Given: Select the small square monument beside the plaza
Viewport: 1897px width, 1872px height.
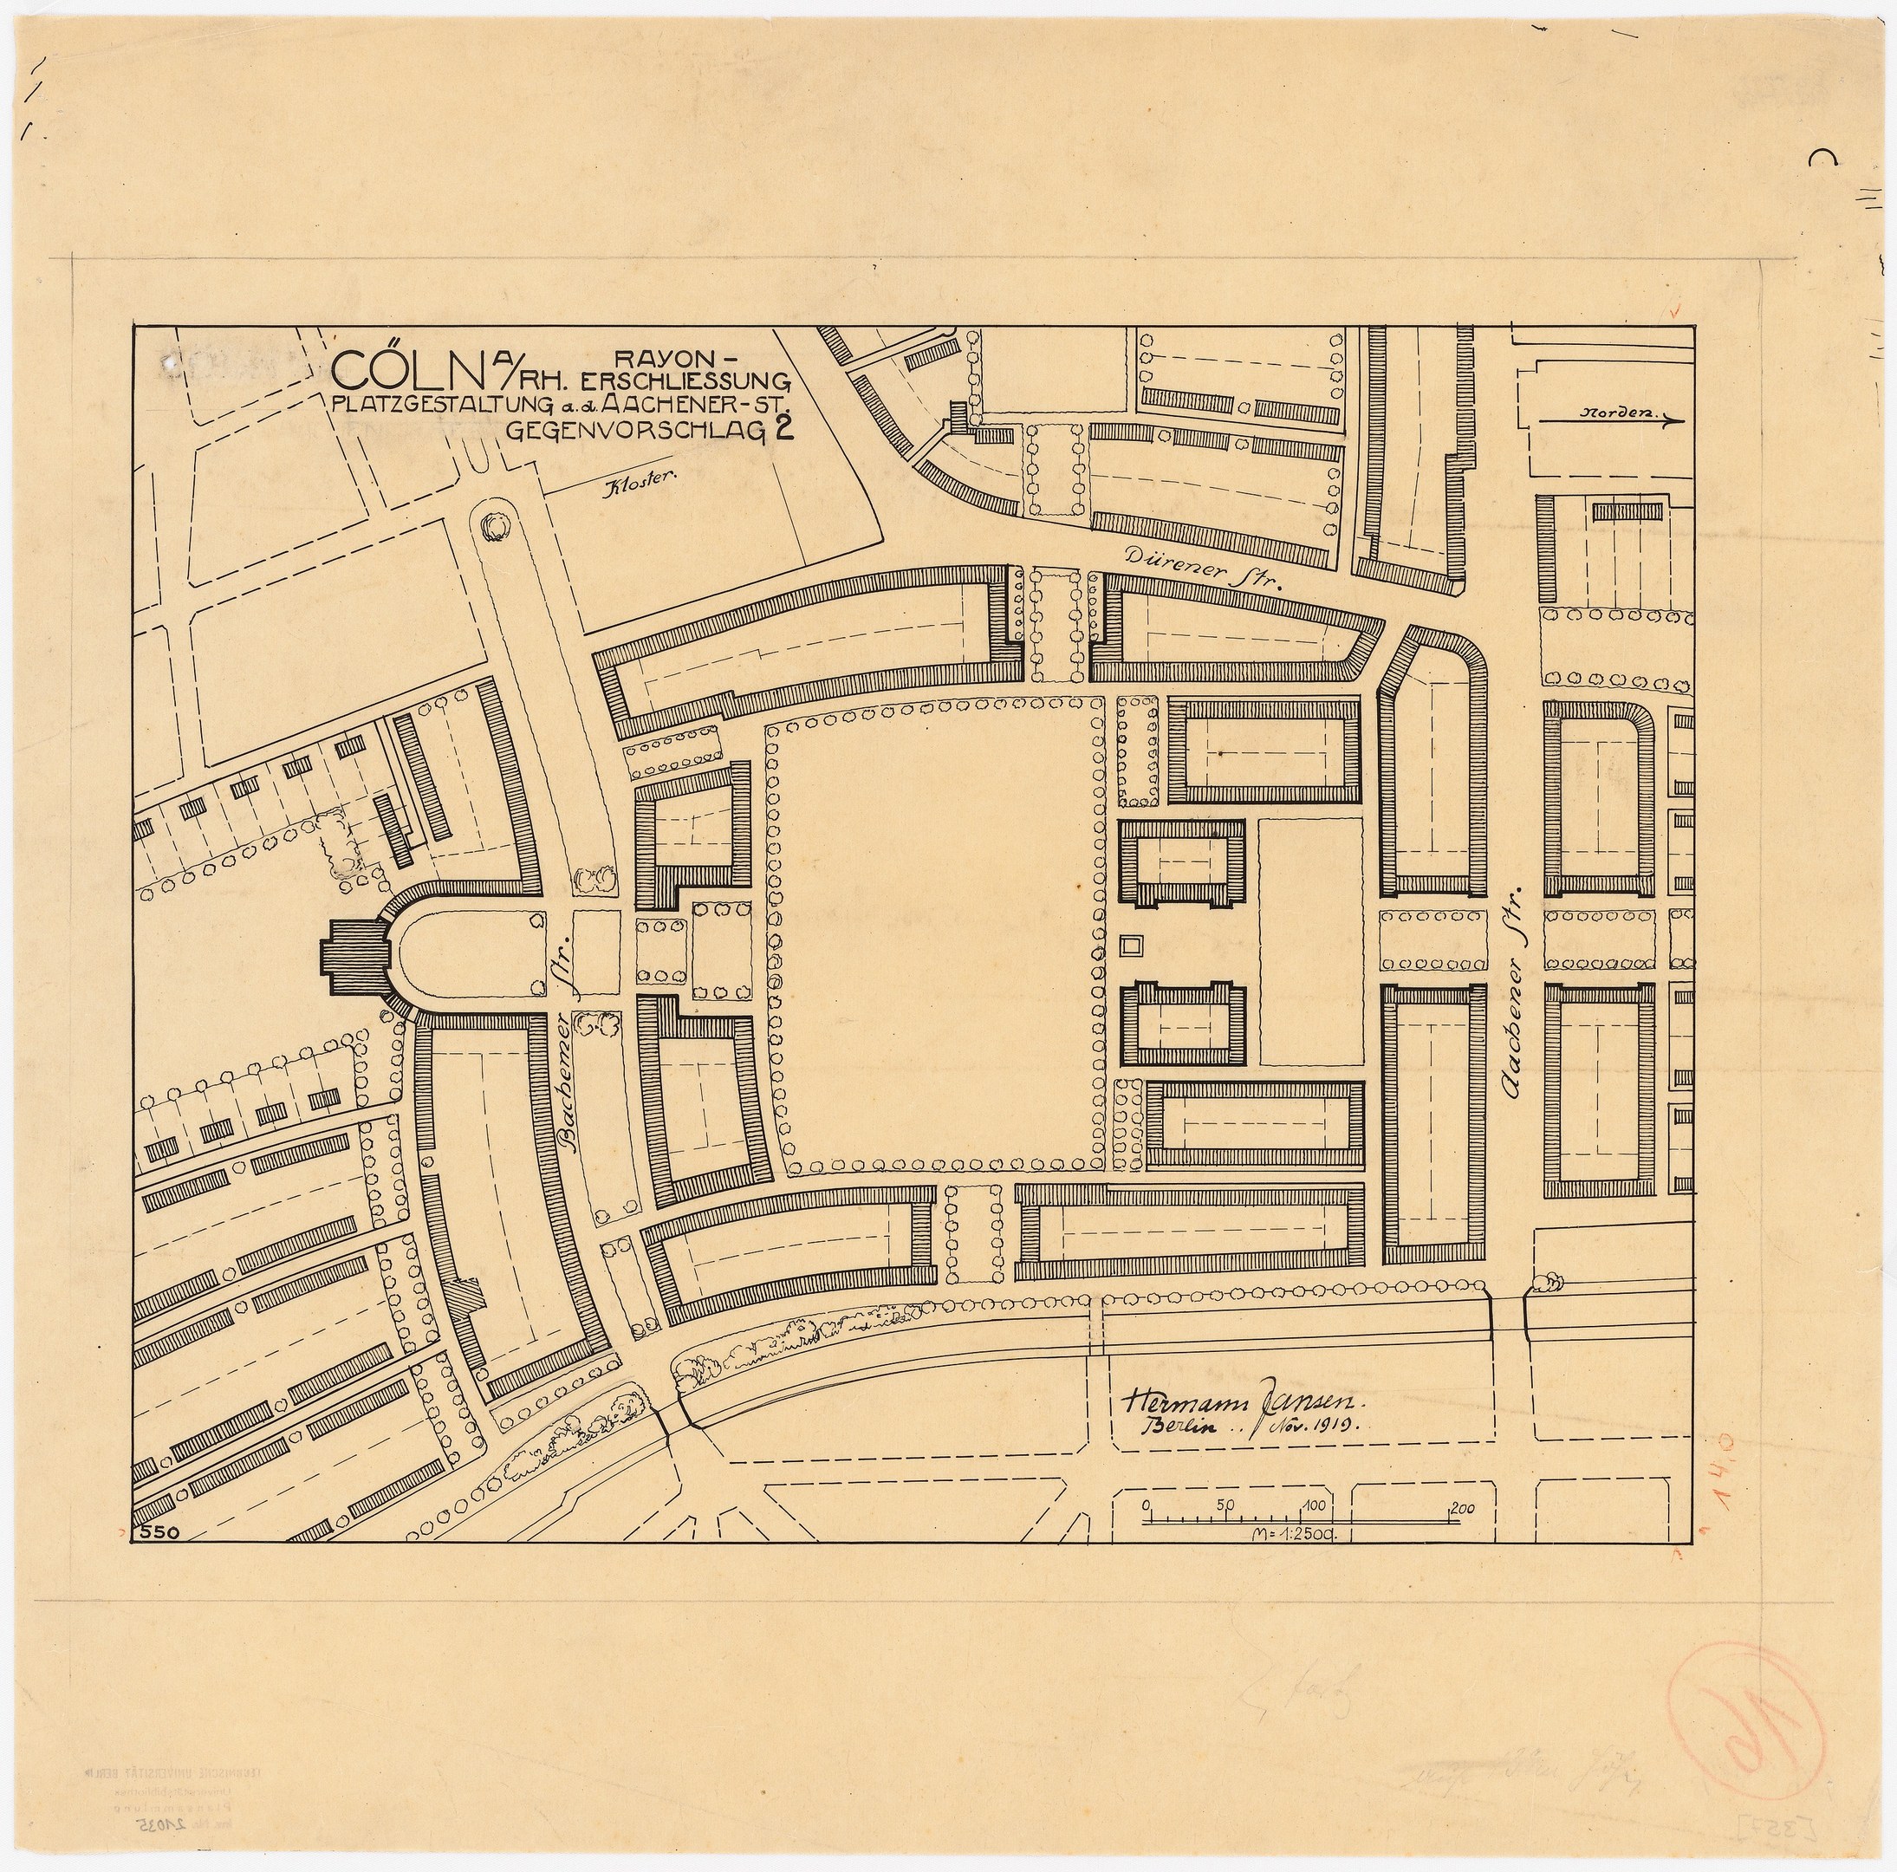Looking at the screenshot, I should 1132,946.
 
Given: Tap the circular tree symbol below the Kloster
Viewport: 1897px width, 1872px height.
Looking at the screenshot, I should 494,526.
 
